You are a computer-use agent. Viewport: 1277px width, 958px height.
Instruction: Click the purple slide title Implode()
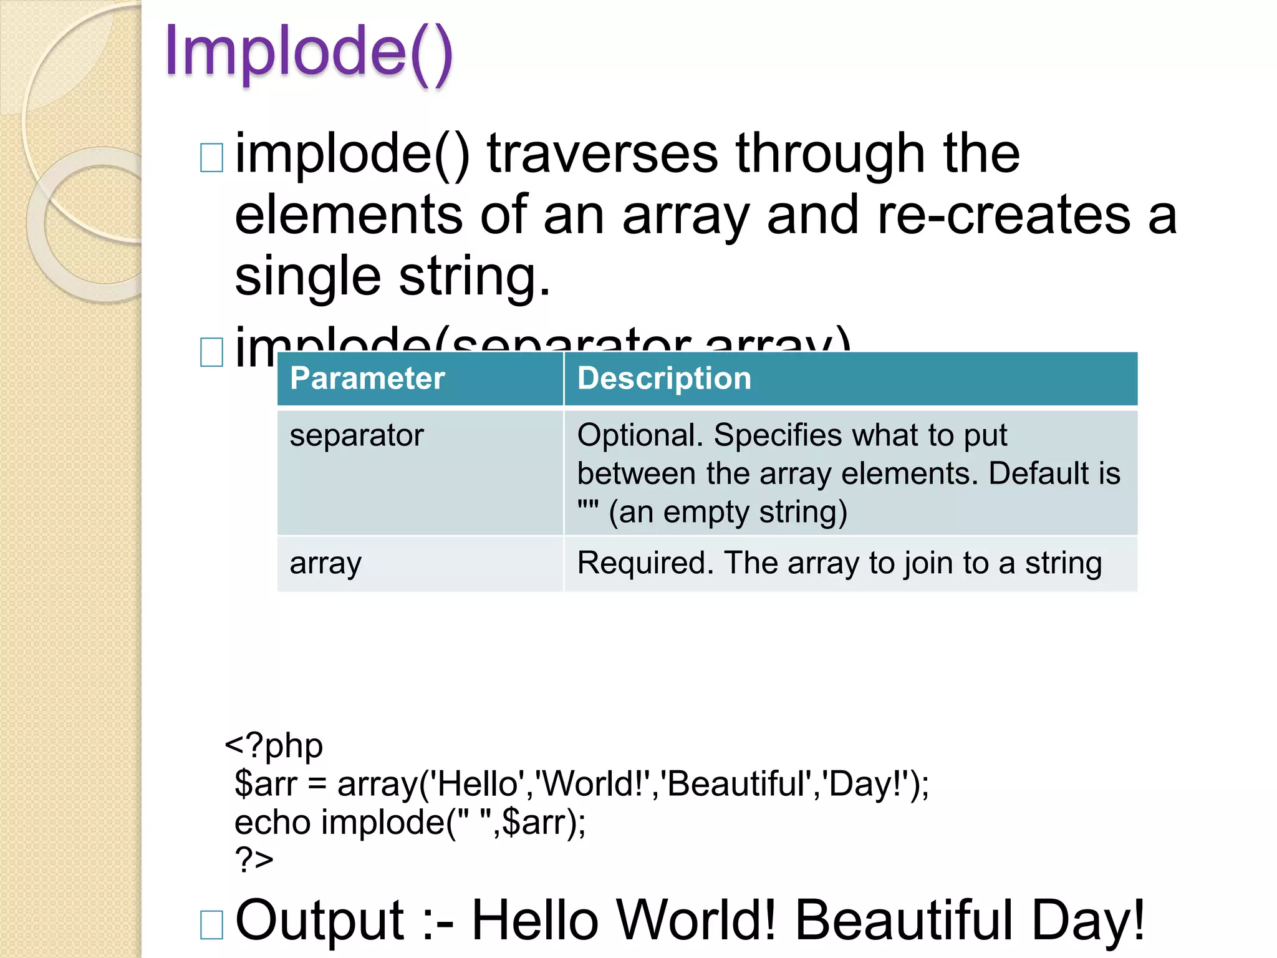[308, 52]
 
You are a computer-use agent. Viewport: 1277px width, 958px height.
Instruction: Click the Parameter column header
[367, 379]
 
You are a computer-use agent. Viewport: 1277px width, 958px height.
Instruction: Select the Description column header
[664, 379]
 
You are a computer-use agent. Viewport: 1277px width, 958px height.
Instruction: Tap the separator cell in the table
[357, 435]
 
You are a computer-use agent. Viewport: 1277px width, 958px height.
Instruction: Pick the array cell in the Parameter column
[325, 563]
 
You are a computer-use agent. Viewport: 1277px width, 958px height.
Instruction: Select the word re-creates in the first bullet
[1003, 215]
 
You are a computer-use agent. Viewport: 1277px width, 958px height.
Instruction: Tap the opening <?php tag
[274, 745]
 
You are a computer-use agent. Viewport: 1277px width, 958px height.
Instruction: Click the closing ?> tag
[254, 859]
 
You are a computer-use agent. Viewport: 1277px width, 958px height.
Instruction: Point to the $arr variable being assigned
[266, 784]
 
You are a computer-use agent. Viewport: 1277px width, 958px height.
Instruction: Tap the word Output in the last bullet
[320, 920]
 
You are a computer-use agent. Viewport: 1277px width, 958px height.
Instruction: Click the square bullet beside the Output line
[211, 924]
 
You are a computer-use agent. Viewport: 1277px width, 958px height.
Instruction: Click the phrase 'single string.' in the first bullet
[392, 276]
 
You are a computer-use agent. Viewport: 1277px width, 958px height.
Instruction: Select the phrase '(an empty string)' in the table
[728, 513]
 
